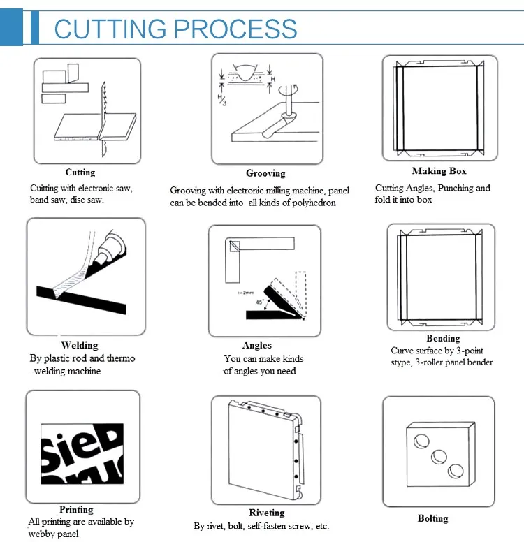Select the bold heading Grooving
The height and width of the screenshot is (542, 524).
[x=265, y=173]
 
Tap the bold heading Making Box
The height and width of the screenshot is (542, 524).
[x=439, y=171]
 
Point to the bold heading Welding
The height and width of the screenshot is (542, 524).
[x=79, y=345]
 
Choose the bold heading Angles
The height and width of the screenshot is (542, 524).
[x=257, y=345]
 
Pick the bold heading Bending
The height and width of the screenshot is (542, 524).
[x=443, y=339]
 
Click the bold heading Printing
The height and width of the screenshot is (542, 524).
[x=76, y=510]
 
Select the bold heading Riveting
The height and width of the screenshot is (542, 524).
[x=266, y=513]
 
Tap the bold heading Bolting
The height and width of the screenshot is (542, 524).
[x=432, y=518]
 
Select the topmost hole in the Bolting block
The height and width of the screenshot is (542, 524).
[x=421, y=441]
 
